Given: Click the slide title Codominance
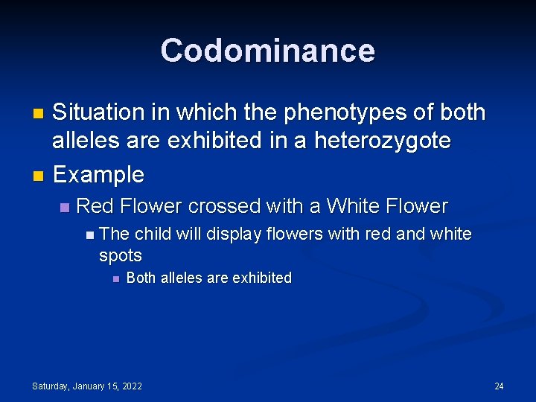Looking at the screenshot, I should point(268,51).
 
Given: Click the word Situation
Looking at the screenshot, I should point(98,113).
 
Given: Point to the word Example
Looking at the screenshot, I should point(99,175).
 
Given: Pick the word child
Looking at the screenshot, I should point(153,234).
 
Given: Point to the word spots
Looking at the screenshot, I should point(120,255).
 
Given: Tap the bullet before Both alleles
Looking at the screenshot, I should point(115,279).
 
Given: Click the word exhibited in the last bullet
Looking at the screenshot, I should point(262,278).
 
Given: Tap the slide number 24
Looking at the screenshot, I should point(499,386).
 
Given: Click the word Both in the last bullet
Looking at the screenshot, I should point(141,278).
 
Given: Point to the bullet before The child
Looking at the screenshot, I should point(89,235).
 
